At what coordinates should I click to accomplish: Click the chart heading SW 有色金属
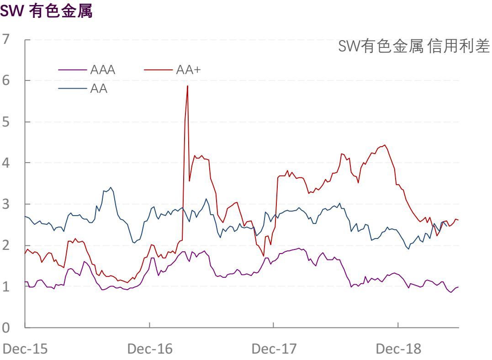[46, 11]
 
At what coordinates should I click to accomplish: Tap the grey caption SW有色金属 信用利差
[414, 46]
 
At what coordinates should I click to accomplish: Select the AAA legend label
[103, 70]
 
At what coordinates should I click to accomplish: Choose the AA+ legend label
[188, 70]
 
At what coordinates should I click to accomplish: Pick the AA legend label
[99, 88]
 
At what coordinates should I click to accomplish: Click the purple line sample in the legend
[73, 70]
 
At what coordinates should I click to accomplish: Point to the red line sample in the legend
[159, 70]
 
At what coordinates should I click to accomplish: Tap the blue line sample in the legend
[73, 89]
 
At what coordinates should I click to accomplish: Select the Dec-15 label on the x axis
[25, 349]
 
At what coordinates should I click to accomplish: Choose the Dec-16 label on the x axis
[150, 349]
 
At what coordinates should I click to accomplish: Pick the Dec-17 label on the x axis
[274, 349]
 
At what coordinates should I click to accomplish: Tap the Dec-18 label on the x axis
[398, 349]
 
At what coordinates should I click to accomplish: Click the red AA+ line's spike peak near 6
[187, 86]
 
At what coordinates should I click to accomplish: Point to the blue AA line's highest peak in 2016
[111, 187]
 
